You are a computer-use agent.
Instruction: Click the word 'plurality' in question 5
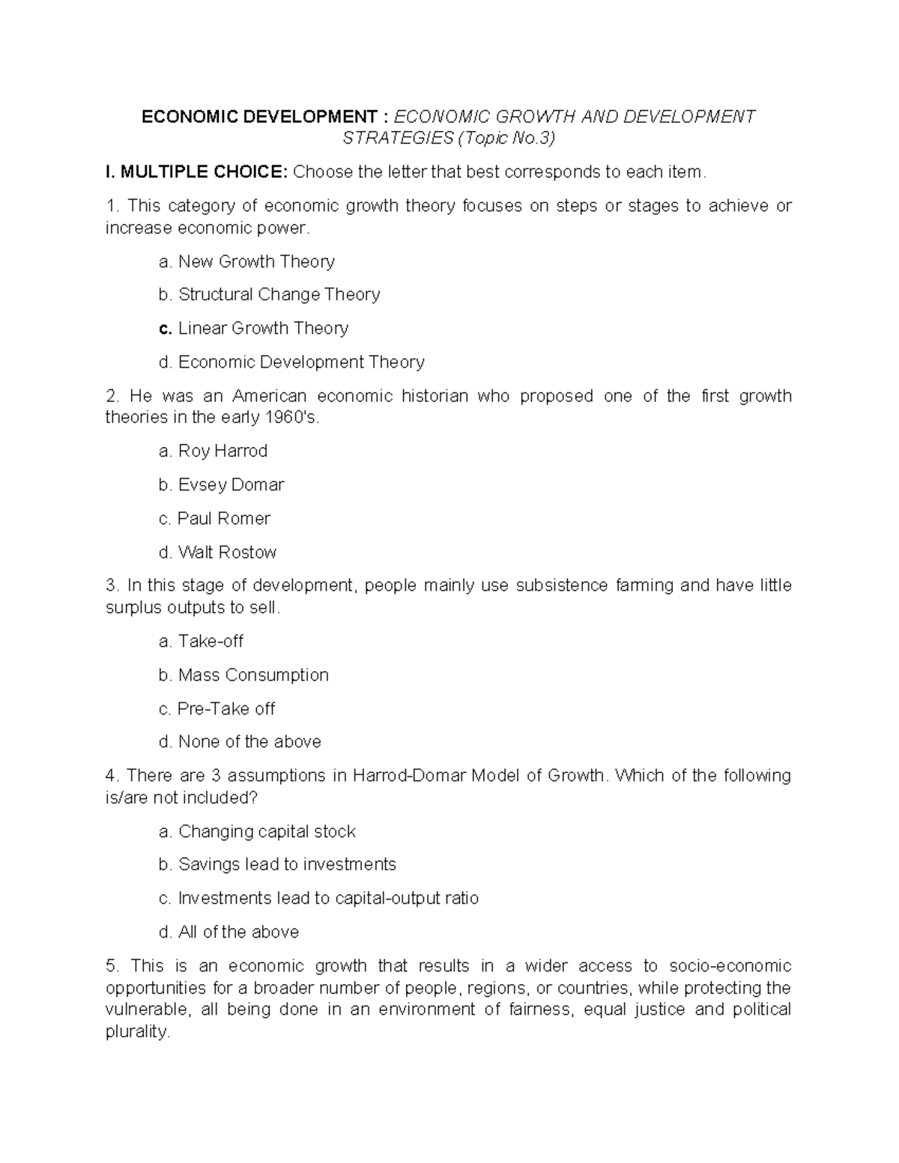137,1032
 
